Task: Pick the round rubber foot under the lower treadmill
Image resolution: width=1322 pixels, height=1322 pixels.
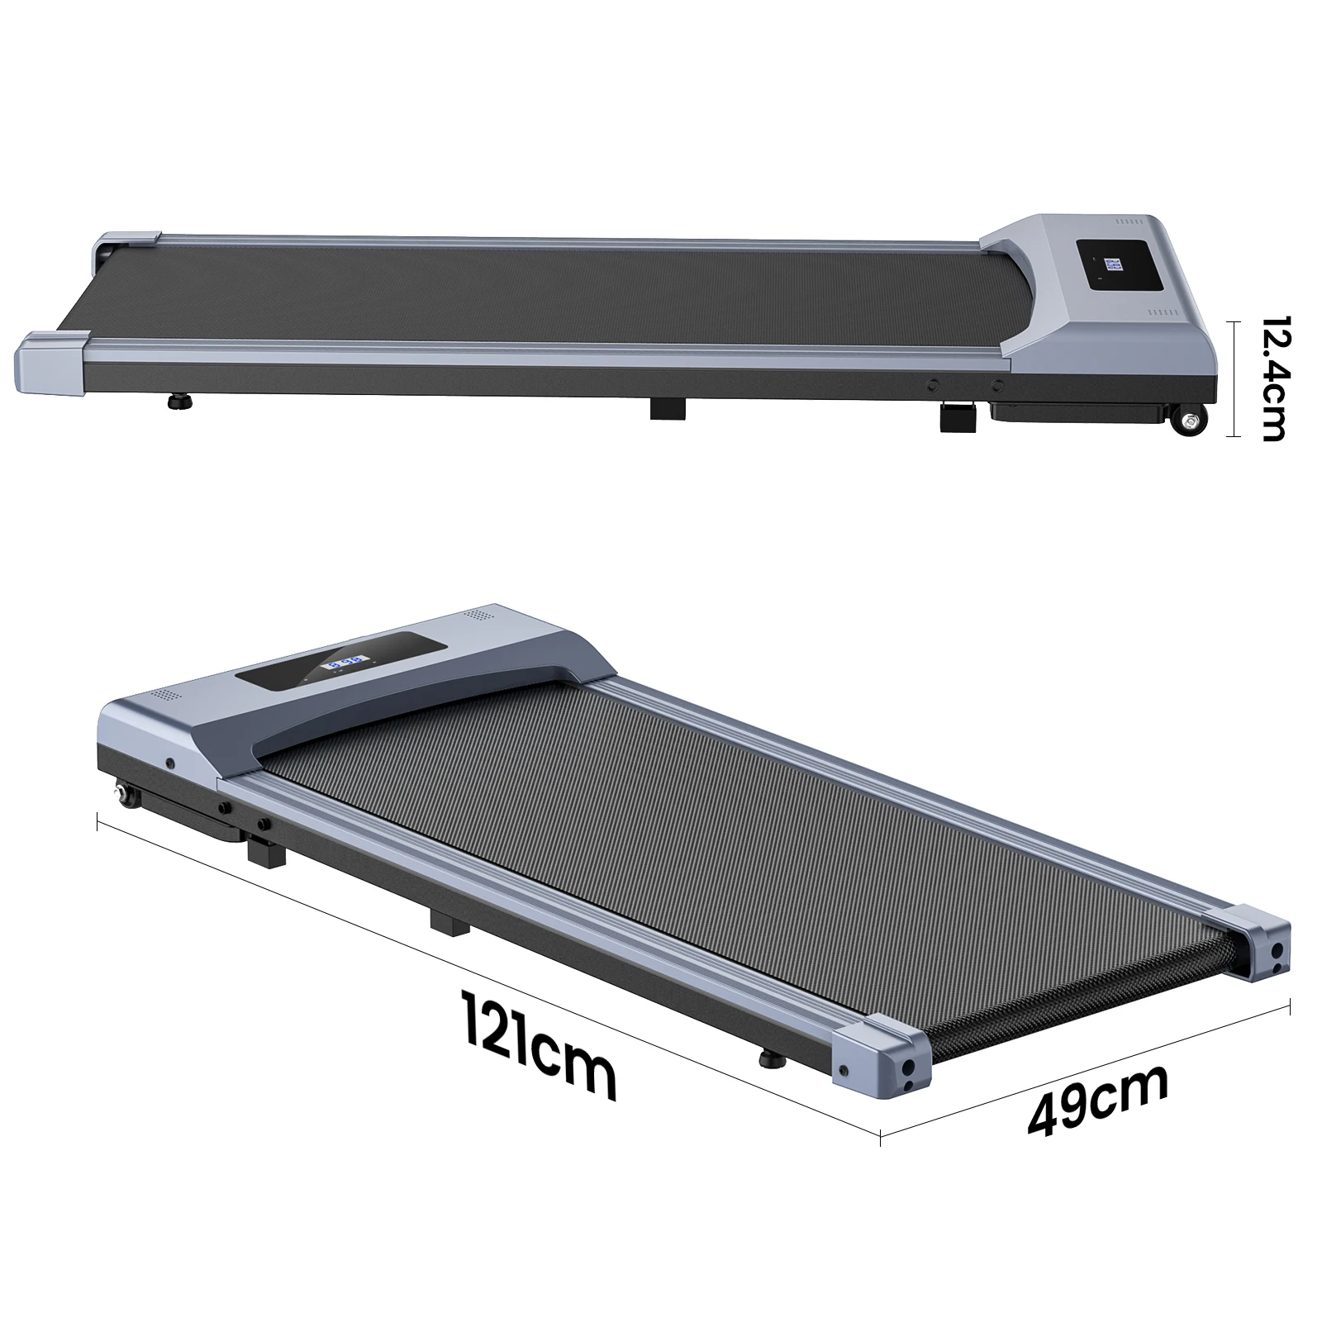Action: (x=773, y=1060)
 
